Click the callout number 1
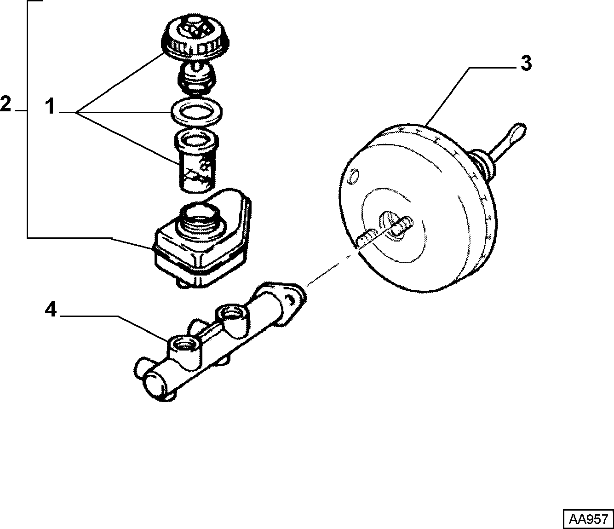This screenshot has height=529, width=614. [x=51, y=108]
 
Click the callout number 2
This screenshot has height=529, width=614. [x=6, y=103]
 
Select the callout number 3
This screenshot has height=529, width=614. [x=526, y=64]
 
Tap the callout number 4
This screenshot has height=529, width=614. [x=51, y=310]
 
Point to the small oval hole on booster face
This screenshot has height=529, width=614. [x=354, y=177]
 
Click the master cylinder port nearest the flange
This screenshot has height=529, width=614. [x=232, y=314]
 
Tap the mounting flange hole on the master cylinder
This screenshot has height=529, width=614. [x=291, y=300]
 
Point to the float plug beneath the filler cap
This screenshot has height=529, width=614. [x=196, y=79]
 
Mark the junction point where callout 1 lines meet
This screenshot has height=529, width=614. [x=76, y=113]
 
